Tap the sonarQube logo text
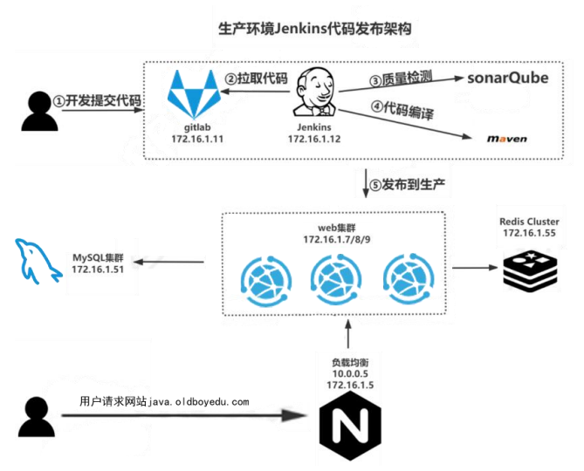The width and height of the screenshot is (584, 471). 506,78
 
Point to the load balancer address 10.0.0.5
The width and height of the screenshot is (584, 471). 349,372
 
